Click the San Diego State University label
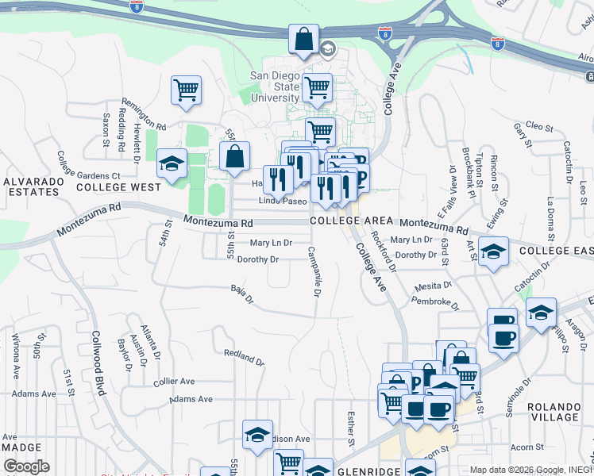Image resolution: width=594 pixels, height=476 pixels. coord(275,86)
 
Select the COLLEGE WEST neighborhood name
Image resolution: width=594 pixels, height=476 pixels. coord(118,187)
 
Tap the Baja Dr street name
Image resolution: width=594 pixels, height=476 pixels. coord(241,295)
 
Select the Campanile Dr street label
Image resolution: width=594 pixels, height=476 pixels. coord(313,271)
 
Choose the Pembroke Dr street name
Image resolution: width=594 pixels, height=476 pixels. coord(435,301)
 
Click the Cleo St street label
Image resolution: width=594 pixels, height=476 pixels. coord(538,126)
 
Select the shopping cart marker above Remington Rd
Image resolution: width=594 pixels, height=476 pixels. coord(186,90)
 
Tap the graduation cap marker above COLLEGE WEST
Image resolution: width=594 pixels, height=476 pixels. coord(171,163)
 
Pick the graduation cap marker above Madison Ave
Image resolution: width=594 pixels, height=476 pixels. coord(257,435)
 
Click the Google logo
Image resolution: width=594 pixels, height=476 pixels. coord(26,466)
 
